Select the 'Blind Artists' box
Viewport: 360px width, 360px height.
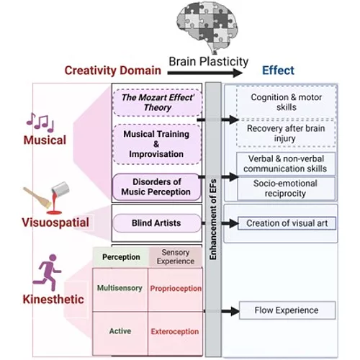coord(156,223)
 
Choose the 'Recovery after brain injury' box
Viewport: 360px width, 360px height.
coord(287,132)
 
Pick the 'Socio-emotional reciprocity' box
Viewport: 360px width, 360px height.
coord(287,189)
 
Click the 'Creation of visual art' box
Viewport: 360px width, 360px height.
coord(287,223)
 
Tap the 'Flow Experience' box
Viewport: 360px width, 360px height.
coord(287,311)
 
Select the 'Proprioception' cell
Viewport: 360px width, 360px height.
coord(176,289)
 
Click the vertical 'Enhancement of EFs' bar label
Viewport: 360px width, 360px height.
coord(213,216)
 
